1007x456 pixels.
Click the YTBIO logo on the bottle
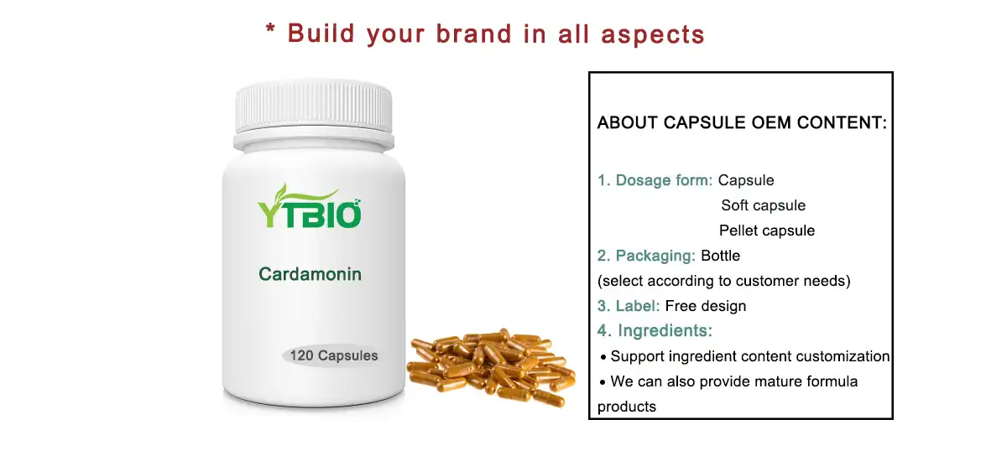point(310,210)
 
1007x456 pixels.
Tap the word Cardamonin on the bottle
point(310,274)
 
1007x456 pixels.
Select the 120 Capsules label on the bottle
point(333,355)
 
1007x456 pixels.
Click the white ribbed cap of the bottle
point(314,106)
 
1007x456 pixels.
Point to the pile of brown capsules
point(491,369)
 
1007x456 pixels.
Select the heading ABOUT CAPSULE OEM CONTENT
point(742,123)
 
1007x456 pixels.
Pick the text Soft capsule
point(763,205)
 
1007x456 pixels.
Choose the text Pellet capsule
point(766,231)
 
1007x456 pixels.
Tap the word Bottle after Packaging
point(720,256)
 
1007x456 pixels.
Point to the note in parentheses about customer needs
point(723,281)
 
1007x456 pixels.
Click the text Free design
point(705,306)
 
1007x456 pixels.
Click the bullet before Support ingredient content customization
point(603,358)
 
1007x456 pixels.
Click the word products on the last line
point(627,407)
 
